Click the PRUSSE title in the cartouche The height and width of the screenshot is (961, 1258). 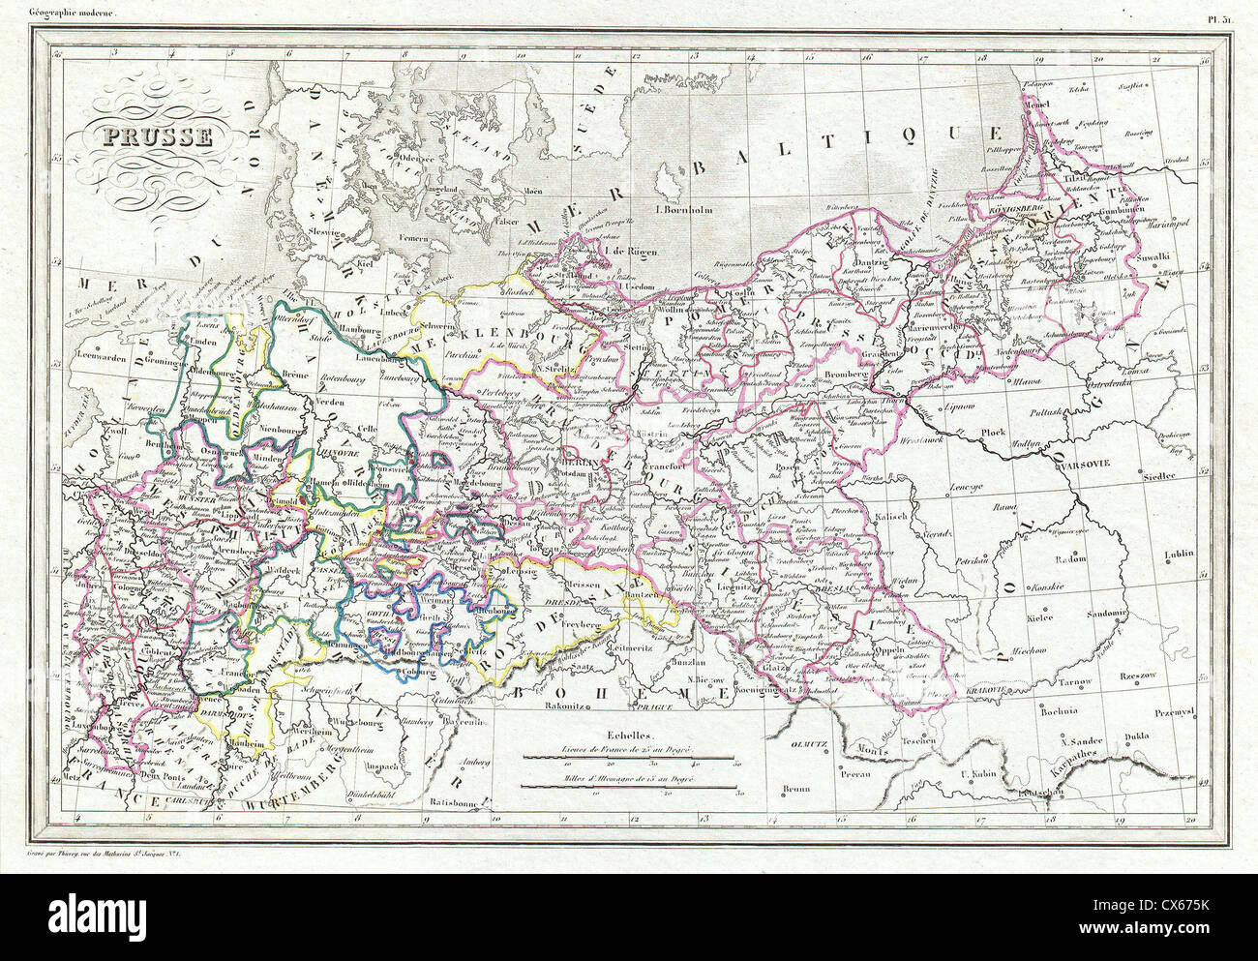click(148, 137)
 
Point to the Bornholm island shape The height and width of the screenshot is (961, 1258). click(671, 181)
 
